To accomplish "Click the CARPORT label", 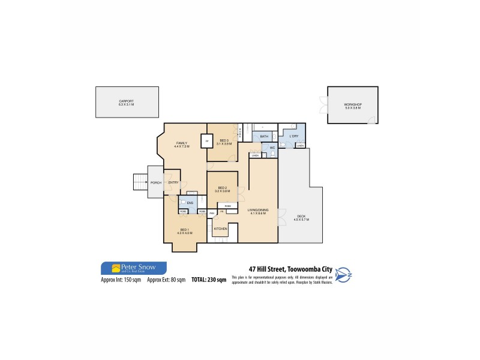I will pyautogui.click(x=126, y=101).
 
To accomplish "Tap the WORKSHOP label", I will pyautogui.click(x=353, y=105).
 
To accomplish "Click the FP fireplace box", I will pyautogui.click(x=207, y=142).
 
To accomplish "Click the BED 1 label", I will pyautogui.click(x=185, y=230).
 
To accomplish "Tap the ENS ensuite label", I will pyautogui.click(x=190, y=203).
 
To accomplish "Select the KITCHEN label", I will pyautogui.click(x=220, y=229).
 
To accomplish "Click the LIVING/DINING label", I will pyautogui.click(x=257, y=211).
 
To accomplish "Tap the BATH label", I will pyautogui.click(x=264, y=137).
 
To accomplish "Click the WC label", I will pyautogui.click(x=272, y=147).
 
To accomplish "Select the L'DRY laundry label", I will pyautogui.click(x=293, y=136).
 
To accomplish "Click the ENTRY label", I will pyautogui.click(x=173, y=182).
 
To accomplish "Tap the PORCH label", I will pyautogui.click(x=155, y=182).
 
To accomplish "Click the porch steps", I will pyautogui.click(x=140, y=182).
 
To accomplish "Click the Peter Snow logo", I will pyautogui.click(x=133, y=268).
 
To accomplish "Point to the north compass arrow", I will pyautogui.click(x=343, y=274).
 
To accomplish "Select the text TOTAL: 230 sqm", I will pyautogui.click(x=209, y=280).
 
